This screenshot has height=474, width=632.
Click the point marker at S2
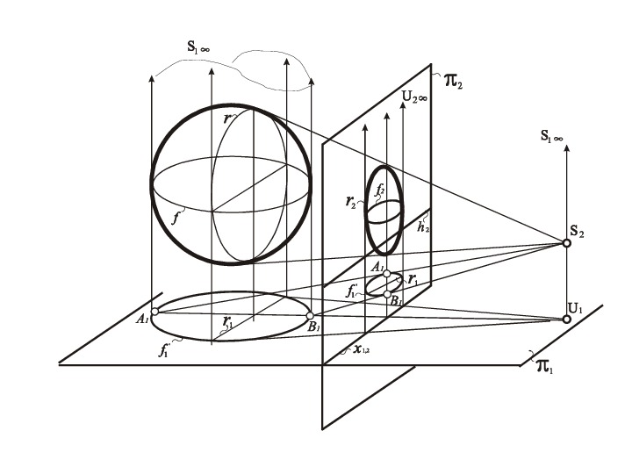coord(566,242)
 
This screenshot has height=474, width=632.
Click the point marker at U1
coord(566,319)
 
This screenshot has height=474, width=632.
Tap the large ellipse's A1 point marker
coord(154,312)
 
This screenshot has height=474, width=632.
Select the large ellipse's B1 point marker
coord(310,315)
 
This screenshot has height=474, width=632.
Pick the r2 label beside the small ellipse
coord(351,200)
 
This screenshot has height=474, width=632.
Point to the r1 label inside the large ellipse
coord(228,320)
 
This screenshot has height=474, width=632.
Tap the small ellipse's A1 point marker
coord(387,273)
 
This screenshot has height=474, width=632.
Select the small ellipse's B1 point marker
coord(387,294)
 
